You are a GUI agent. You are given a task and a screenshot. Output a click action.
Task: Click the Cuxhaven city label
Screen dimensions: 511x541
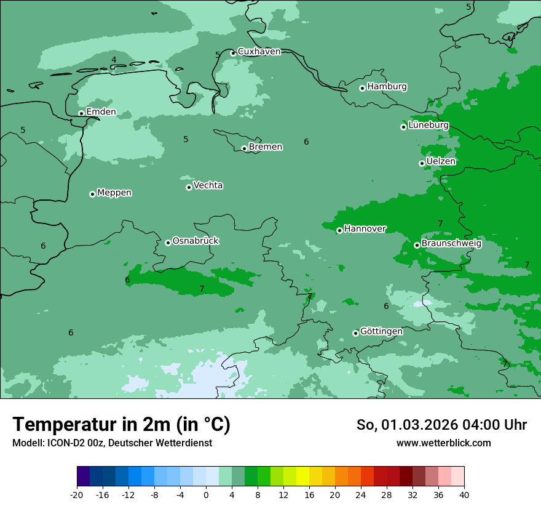click(x=259, y=52)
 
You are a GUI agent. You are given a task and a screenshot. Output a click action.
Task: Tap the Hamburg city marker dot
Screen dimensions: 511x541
click(x=362, y=88)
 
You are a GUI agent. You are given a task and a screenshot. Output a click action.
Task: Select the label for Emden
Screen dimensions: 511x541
click(x=101, y=111)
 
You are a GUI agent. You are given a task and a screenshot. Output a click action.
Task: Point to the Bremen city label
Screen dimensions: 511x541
click(x=266, y=147)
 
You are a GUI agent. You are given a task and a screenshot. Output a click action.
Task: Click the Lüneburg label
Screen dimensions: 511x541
click(x=428, y=125)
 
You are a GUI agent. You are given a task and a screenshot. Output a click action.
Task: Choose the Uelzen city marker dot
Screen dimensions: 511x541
click(x=422, y=163)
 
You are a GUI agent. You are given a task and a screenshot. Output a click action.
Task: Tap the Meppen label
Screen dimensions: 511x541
click(x=114, y=193)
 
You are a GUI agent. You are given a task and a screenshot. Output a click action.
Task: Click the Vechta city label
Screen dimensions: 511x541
click(x=208, y=185)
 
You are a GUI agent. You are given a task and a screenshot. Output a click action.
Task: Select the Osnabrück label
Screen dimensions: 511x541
click(x=195, y=241)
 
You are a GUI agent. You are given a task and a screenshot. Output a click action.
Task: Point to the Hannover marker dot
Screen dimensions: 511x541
click(x=339, y=230)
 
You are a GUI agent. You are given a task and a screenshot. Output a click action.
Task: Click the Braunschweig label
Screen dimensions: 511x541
click(x=451, y=243)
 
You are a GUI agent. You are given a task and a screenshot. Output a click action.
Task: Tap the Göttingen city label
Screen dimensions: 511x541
click(x=381, y=331)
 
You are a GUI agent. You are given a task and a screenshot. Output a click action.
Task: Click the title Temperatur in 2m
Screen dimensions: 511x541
click(x=121, y=424)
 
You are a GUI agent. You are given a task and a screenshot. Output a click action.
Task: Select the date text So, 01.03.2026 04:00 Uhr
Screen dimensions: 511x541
click(x=441, y=425)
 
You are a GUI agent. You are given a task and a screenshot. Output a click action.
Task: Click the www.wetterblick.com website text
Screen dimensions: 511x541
click(x=443, y=443)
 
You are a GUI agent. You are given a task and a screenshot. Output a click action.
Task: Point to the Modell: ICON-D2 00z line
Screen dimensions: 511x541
click(x=112, y=443)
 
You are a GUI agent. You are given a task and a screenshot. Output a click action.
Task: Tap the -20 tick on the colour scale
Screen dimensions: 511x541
click(x=77, y=494)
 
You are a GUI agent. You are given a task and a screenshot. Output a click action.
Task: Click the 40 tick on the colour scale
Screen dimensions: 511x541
click(x=464, y=494)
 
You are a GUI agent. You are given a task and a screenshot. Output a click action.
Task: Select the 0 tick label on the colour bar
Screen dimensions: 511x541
click(x=206, y=494)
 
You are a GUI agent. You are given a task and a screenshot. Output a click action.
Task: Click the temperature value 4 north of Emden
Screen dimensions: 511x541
click(x=114, y=60)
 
